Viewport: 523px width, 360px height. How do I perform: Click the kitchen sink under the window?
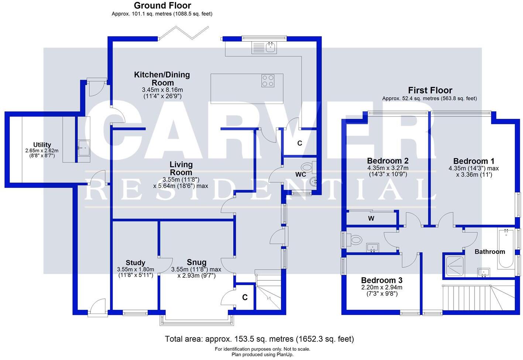[264, 47]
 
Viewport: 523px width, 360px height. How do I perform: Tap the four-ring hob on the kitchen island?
[268, 80]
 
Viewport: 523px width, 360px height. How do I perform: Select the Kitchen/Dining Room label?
[162, 79]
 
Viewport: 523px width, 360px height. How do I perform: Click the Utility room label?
[42, 145]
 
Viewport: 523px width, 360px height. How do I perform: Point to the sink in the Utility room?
[83, 147]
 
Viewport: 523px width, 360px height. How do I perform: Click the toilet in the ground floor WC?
[308, 168]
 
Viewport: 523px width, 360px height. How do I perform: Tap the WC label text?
[300, 174]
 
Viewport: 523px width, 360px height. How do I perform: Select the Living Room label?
[181, 168]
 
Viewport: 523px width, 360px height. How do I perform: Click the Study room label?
[135, 263]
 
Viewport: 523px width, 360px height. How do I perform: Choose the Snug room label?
[196, 262]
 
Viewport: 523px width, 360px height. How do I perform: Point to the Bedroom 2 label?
[388, 161]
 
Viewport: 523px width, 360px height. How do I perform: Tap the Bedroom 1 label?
[474, 161]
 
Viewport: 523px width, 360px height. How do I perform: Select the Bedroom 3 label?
[382, 280]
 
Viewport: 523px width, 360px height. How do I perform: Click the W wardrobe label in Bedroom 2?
[371, 218]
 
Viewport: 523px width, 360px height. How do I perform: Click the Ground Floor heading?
[162, 6]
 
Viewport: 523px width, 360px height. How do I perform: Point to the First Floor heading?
[430, 90]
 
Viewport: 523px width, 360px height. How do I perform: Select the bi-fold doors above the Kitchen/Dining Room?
[184, 32]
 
